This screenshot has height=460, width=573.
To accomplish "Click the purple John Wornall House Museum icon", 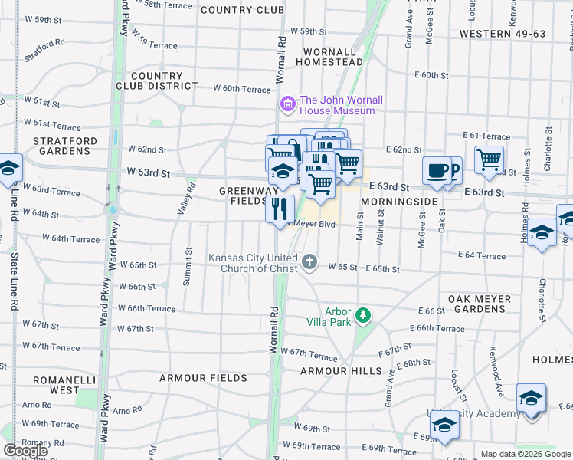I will tap(288, 103).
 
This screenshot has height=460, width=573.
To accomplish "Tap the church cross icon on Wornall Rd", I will tap(309, 263).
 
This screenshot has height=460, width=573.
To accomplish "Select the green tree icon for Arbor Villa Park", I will tap(363, 315).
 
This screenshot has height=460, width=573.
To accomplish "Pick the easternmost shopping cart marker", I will tap(489, 160).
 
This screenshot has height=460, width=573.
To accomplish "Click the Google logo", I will tap(25, 451).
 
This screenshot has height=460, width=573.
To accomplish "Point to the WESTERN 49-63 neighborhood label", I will tap(503, 34).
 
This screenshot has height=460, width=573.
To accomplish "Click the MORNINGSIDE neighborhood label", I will tap(399, 201).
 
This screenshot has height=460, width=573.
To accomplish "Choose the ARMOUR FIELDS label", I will tap(203, 378).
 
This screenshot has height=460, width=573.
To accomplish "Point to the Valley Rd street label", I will tap(182, 202).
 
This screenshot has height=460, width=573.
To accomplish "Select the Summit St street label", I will tap(188, 268).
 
